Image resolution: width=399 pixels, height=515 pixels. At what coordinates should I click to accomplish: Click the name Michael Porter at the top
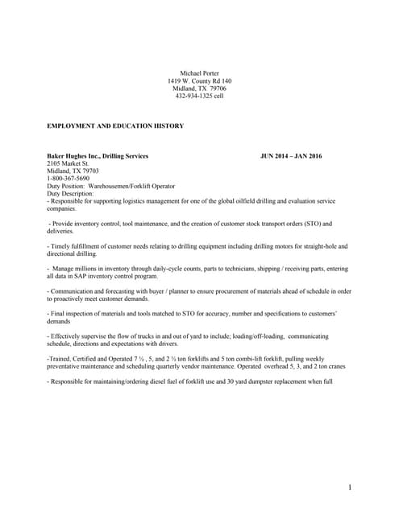point(199,73)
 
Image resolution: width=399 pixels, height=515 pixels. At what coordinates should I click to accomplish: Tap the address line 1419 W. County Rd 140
point(199,81)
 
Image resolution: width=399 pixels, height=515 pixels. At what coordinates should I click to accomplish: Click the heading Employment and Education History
point(116,126)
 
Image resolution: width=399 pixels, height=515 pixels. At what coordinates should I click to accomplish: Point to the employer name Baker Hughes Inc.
point(77,155)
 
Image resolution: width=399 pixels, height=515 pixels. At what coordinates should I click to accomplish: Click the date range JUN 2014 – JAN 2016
point(291,155)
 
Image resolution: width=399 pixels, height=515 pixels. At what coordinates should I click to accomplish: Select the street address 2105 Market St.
point(69,163)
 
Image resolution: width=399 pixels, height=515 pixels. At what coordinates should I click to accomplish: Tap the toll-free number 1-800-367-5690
point(69,178)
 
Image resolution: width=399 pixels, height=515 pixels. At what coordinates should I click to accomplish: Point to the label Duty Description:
point(71,193)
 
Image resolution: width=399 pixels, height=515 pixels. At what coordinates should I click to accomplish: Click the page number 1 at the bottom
point(351,487)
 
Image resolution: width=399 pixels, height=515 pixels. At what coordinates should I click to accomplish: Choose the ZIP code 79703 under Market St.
point(88,171)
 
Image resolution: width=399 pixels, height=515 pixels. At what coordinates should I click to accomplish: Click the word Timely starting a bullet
point(62,245)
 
